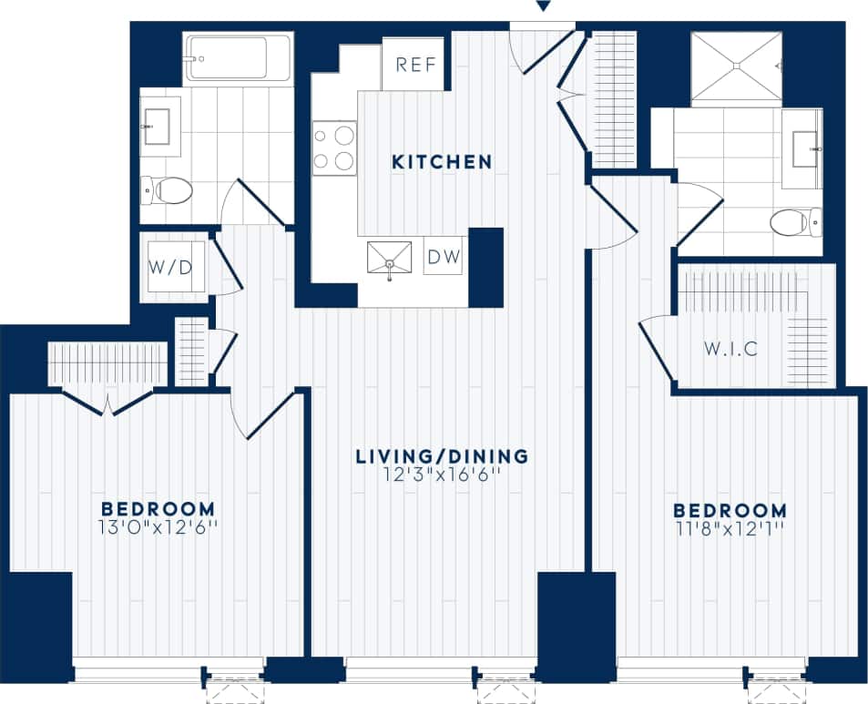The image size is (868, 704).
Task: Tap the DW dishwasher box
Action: click(x=445, y=258)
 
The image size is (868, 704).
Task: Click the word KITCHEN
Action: click(x=442, y=162)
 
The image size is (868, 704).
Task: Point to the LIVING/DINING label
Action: click(x=443, y=455)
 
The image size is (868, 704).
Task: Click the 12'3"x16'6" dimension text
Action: click(x=443, y=474)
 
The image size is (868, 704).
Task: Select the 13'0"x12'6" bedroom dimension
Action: click(x=158, y=526)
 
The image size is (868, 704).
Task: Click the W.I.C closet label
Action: click(x=731, y=349)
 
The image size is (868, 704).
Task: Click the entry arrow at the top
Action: click(x=543, y=7)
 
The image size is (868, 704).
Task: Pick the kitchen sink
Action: click(x=389, y=258)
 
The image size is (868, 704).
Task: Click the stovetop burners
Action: click(x=334, y=148)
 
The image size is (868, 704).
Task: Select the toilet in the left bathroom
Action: click(x=169, y=191)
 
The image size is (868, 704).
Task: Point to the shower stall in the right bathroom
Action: click(x=736, y=68)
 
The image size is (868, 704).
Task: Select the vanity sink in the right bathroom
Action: click(x=803, y=148)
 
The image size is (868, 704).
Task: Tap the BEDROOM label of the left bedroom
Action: click(x=158, y=508)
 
